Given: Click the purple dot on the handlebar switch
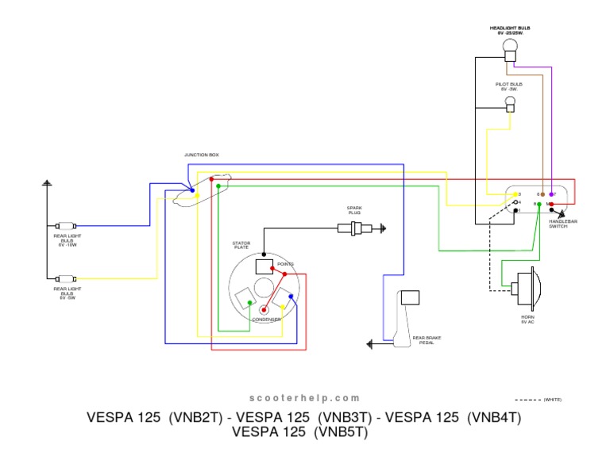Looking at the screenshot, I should coord(551,193).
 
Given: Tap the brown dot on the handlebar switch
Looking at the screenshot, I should coord(542,193).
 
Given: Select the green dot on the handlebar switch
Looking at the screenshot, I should coord(539,205).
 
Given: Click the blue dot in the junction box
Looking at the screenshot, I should coord(192,191).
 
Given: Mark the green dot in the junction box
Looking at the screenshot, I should coord(218,186).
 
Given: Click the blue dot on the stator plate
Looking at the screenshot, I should coord(291,297).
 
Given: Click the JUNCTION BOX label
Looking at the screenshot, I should coord(201,155).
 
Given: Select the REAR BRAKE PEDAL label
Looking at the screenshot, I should coord(427,340).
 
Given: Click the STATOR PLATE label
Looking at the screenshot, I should coord(241,245).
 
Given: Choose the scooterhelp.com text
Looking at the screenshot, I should coord(305,398).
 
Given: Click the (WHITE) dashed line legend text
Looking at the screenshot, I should coord(553,400).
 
